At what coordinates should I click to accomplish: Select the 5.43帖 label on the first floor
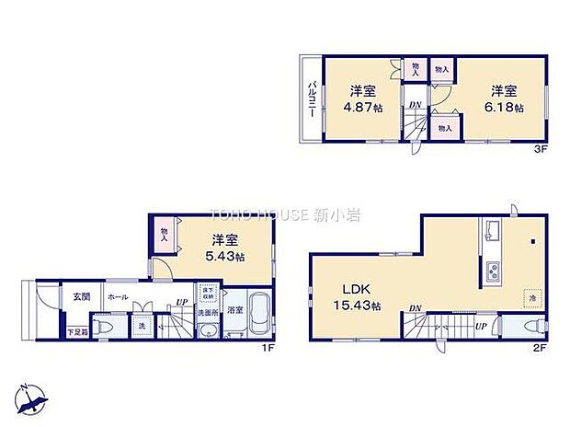[x=222, y=258]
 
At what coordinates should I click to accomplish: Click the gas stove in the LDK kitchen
[x=491, y=272]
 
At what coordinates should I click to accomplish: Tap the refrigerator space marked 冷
[x=530, y=298]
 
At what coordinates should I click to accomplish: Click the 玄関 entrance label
[x=81, y=296]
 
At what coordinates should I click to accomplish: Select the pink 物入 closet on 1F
[x=165, y=235]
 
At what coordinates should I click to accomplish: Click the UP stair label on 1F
[x=182, y=303]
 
